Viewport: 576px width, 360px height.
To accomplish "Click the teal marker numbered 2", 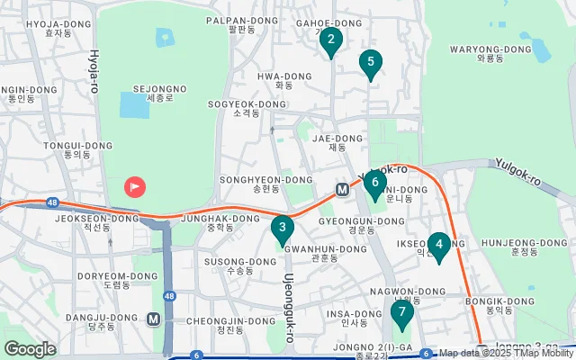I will click(x=331, y=40).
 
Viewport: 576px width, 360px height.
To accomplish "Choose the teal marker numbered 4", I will click(x=438, y=245).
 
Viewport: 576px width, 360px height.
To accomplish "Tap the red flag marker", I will click(x=135, y=187).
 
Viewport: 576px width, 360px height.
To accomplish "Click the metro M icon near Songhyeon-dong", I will click(x=342, y=190).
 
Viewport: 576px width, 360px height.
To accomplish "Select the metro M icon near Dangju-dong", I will click(x=154, y=319).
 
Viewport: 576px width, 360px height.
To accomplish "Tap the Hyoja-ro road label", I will click(x=92, y=68).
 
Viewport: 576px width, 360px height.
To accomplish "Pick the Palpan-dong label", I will click(x=242, y=24).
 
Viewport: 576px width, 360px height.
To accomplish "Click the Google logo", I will click(x=30, y=348).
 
